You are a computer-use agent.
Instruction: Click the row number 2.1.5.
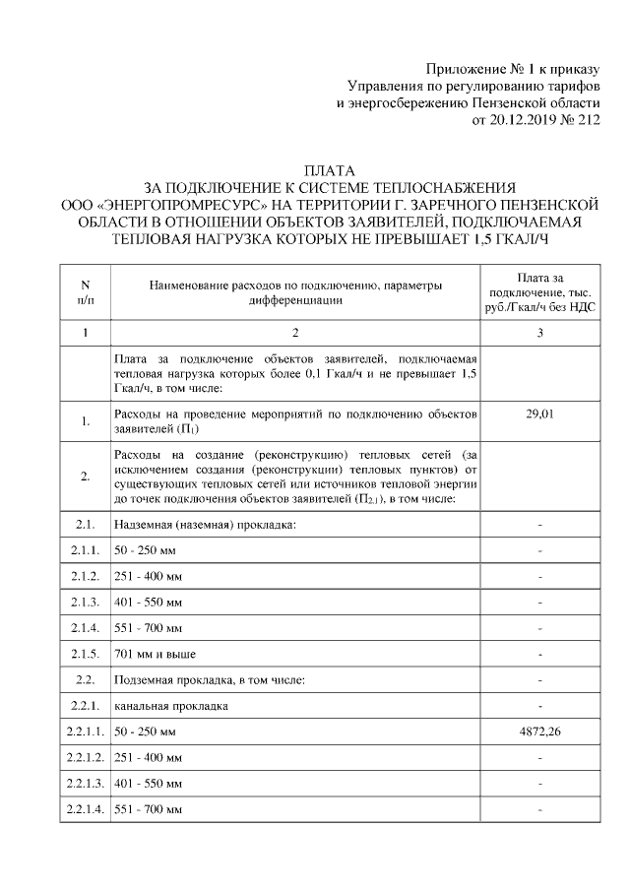point(85,653)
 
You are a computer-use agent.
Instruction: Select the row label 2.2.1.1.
point(85,732)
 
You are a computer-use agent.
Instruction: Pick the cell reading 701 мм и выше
point(156,653)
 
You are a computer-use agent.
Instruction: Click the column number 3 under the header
point(540,334)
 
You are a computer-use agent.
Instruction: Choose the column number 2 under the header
point(295,334)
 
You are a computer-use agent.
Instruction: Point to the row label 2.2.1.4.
point(85,809)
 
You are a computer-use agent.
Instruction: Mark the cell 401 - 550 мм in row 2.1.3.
point(149,600)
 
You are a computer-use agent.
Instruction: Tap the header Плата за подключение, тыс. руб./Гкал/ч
point(540,292)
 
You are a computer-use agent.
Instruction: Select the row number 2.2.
point(85,679)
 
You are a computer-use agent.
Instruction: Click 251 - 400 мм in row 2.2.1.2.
point(149,759)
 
